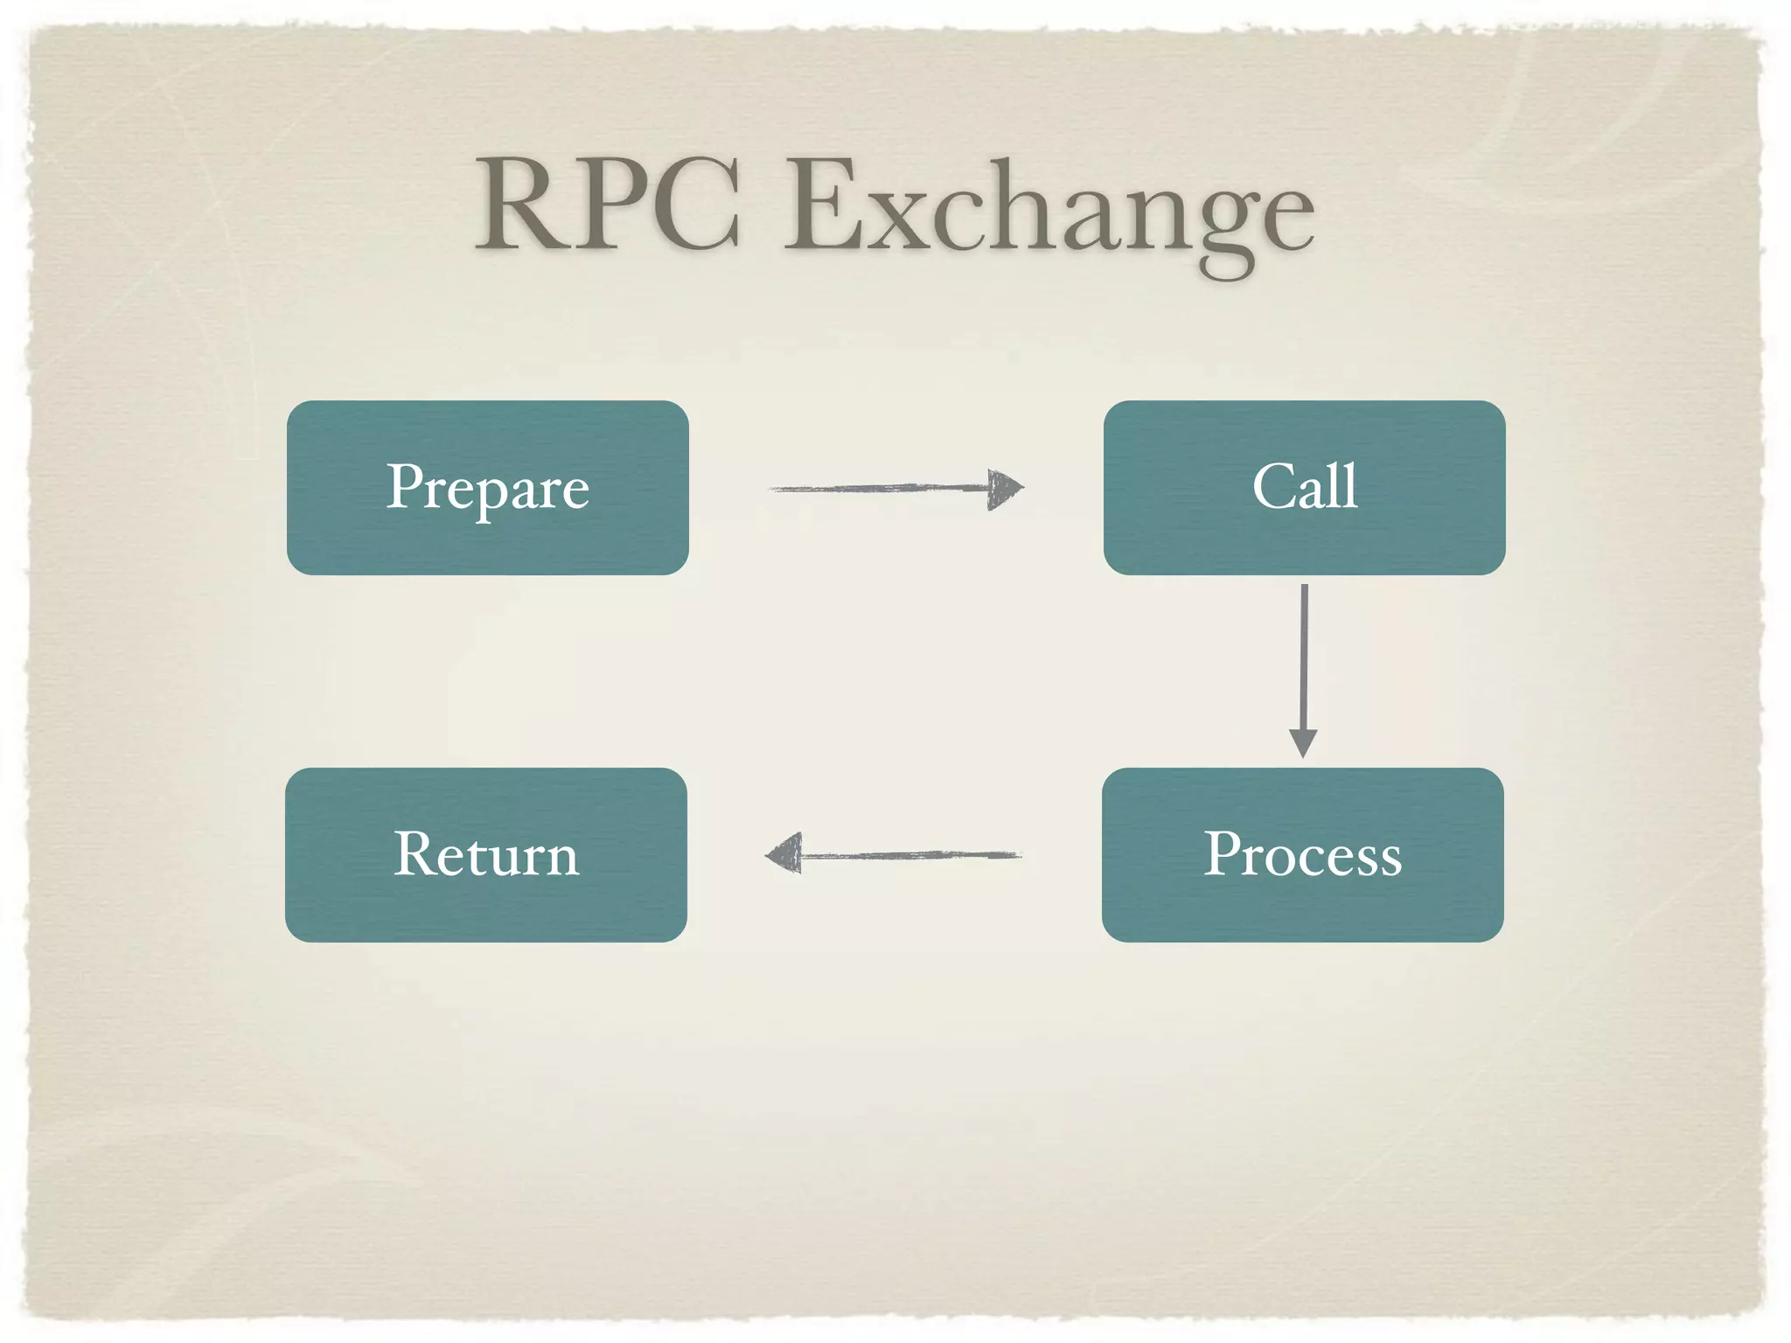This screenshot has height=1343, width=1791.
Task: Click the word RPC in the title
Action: coord(608,205)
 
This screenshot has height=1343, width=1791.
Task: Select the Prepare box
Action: coord(487,487)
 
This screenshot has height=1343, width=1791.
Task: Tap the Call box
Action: coord(1304,487)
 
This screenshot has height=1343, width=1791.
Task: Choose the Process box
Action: coord(1302,854)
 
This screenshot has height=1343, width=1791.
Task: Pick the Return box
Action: coord(486,854)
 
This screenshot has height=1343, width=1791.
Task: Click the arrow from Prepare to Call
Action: coord(883,488)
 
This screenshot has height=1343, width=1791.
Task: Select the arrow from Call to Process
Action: coord(1304,656)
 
